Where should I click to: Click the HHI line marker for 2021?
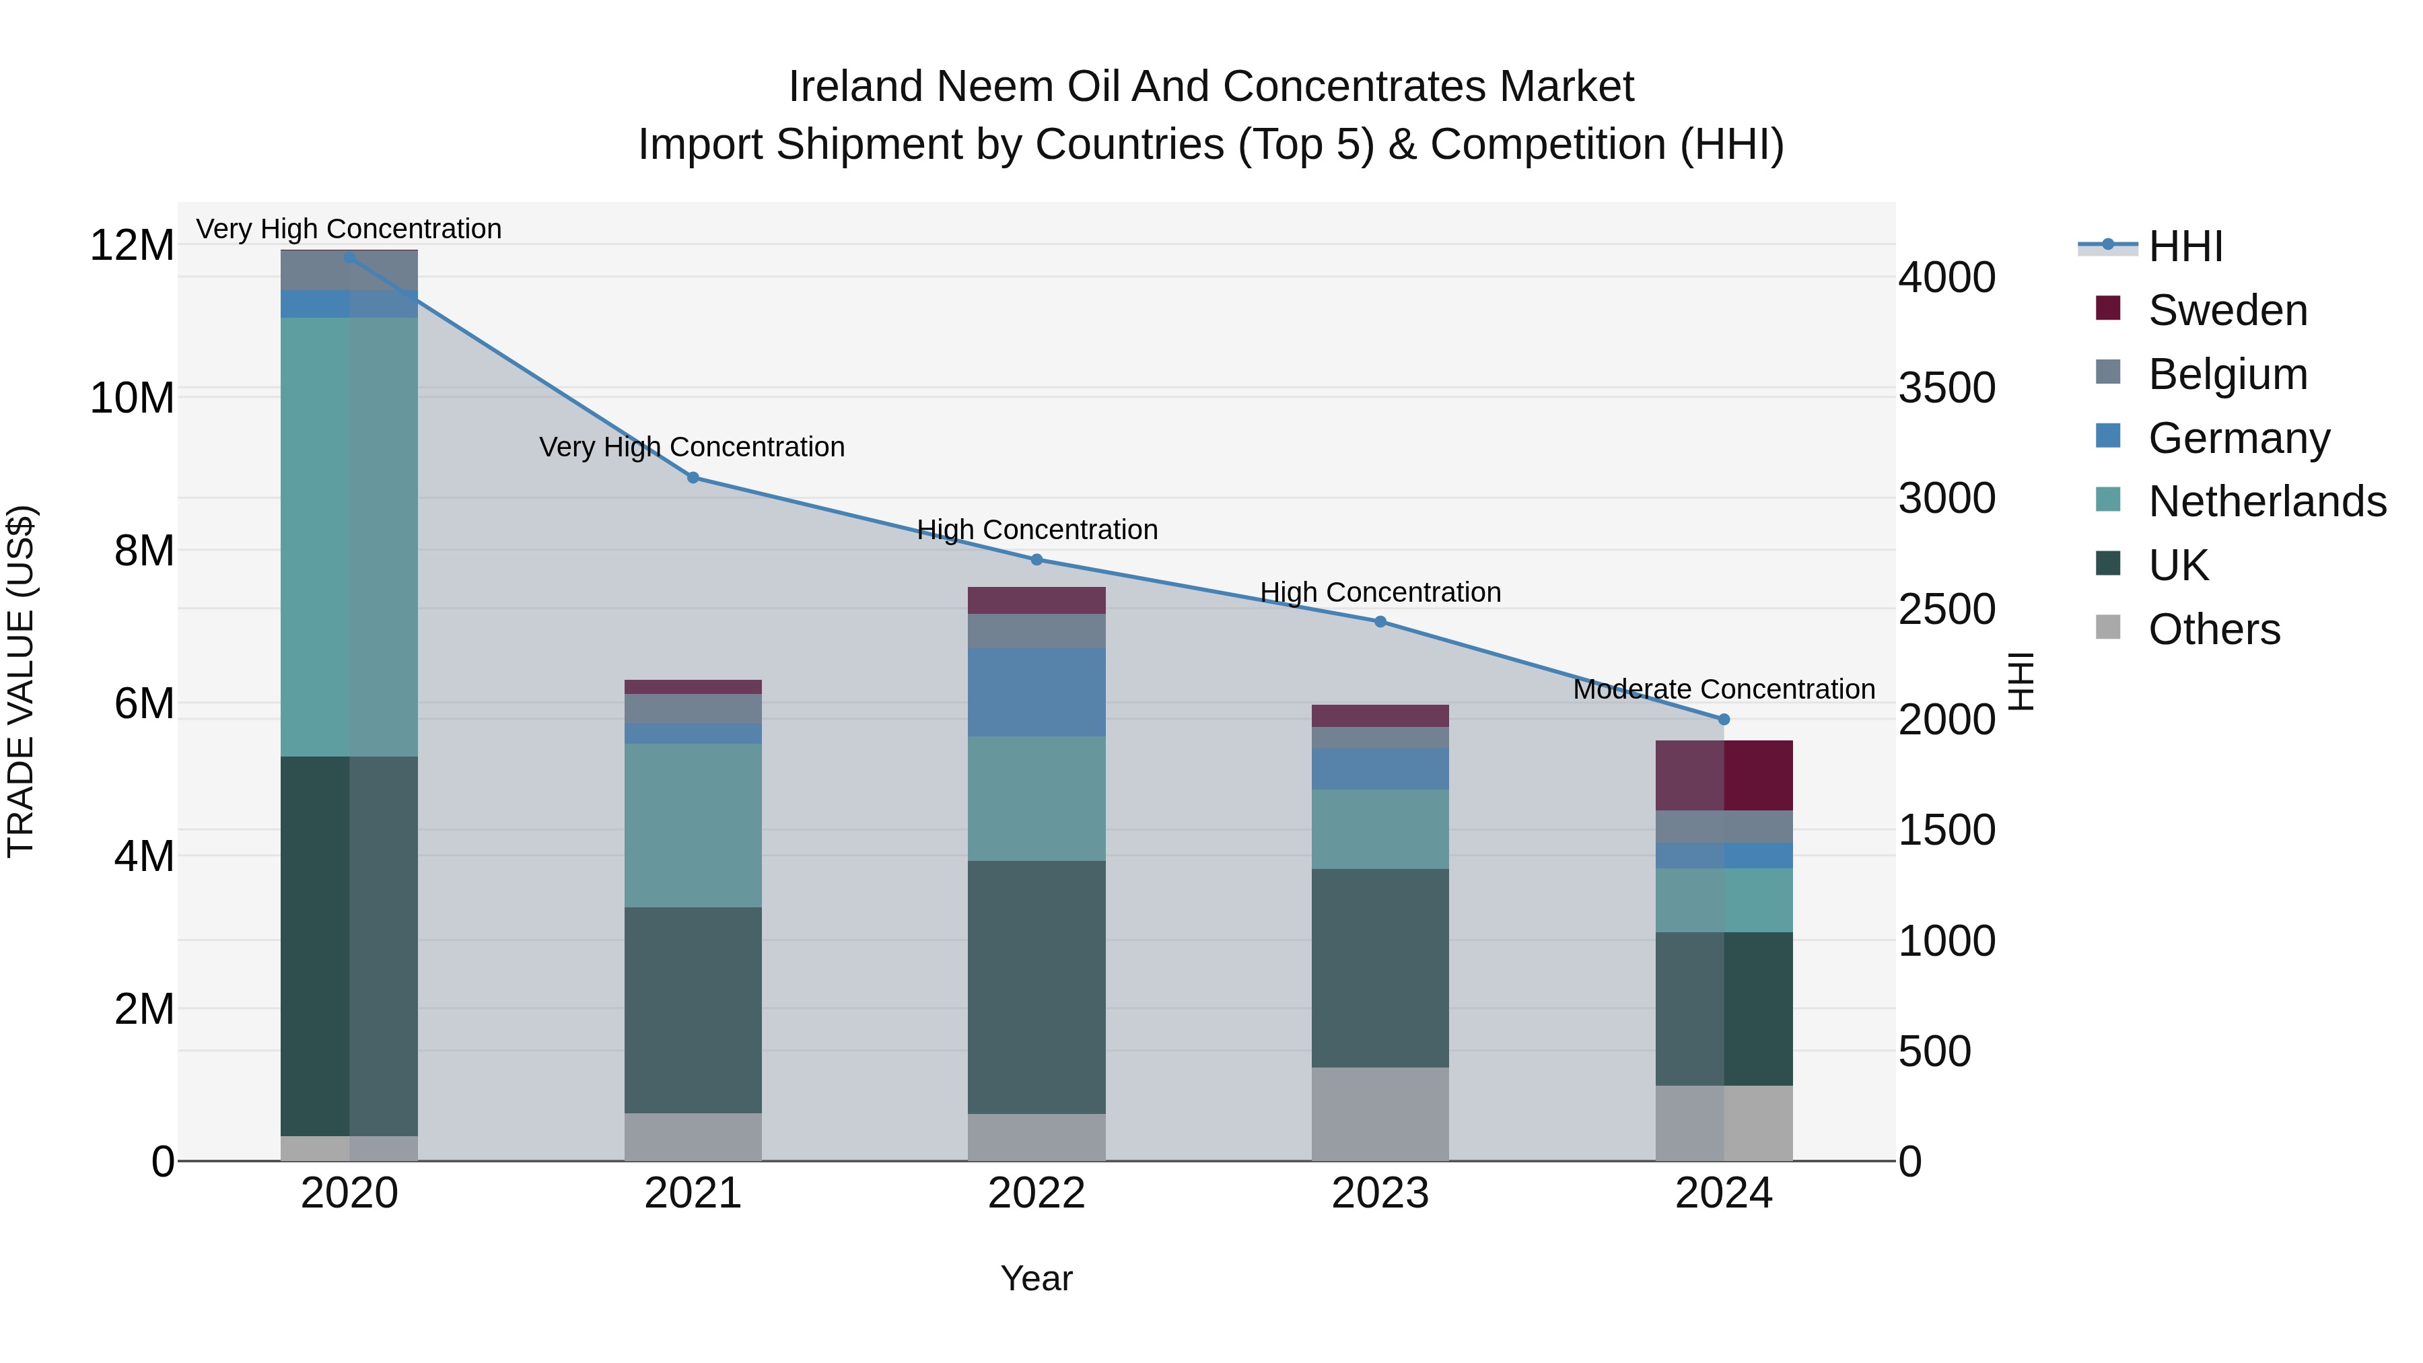coord(693,478)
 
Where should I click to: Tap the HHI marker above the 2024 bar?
coord(1724,720)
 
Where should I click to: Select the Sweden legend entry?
coord(2227,310)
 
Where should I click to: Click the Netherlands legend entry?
coord(2267,501)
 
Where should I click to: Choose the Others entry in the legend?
coord(2214,629)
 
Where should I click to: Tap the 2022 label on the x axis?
coord(1037,1193)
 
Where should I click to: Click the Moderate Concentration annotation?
coord(1724,689)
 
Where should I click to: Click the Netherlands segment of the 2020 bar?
coord(349,536)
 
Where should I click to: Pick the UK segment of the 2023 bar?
coord(1380,967)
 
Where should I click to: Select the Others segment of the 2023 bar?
coord(1380,1114)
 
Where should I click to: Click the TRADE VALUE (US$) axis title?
coord(21,681)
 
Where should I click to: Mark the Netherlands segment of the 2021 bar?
coord(693,825)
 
